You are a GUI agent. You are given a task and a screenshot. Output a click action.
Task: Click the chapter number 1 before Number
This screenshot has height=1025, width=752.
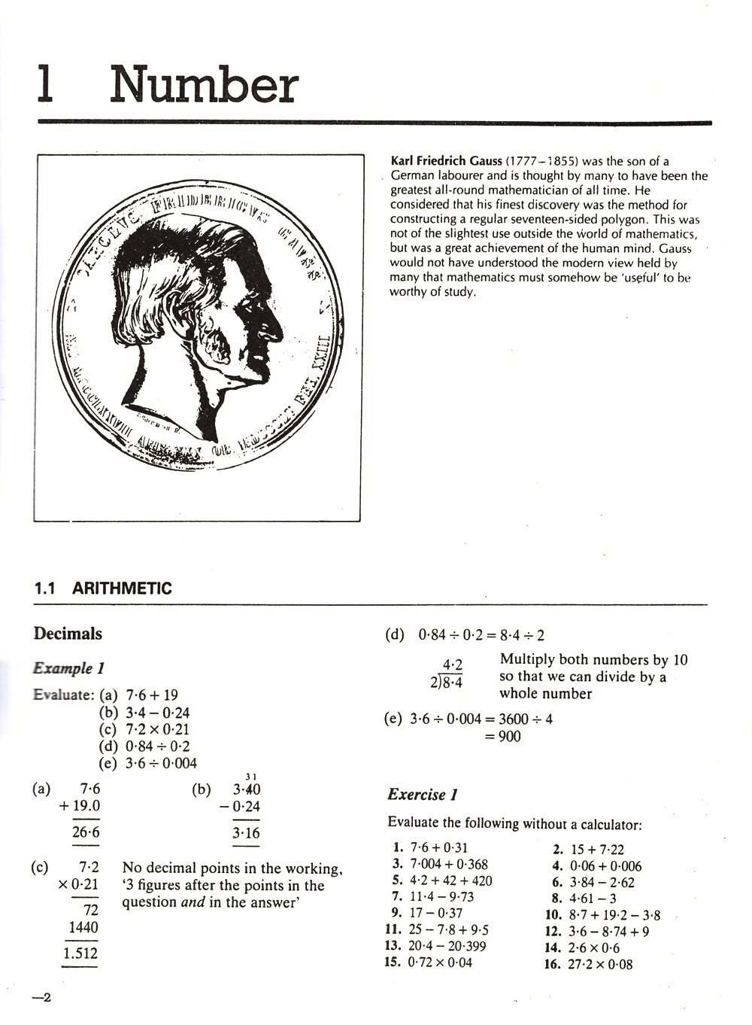46,85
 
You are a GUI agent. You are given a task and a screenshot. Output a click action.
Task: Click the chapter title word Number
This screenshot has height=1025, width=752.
204,85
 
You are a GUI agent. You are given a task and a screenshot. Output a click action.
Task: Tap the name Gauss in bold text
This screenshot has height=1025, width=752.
486,161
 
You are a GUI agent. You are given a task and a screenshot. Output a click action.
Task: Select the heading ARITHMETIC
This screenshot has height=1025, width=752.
122,589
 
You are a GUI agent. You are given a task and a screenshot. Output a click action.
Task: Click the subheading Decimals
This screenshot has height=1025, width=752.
68,634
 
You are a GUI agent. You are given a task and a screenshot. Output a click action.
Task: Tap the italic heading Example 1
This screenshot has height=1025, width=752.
68,668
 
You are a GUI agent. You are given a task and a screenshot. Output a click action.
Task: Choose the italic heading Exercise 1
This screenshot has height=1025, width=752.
423,795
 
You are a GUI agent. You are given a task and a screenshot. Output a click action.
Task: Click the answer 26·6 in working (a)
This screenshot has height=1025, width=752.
85,832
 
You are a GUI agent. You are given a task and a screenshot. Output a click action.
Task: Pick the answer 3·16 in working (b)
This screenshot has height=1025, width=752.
246,833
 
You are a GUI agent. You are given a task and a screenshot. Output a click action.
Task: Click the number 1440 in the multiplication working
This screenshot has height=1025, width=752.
83,928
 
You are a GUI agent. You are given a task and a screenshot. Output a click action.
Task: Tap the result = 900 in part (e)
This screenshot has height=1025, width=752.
503,737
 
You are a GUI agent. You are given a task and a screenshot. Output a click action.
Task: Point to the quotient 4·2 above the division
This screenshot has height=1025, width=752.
453,665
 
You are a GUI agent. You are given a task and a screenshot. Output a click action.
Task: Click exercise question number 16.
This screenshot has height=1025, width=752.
553,964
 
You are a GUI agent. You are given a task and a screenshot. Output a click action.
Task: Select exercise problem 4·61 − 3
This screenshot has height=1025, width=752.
593,899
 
